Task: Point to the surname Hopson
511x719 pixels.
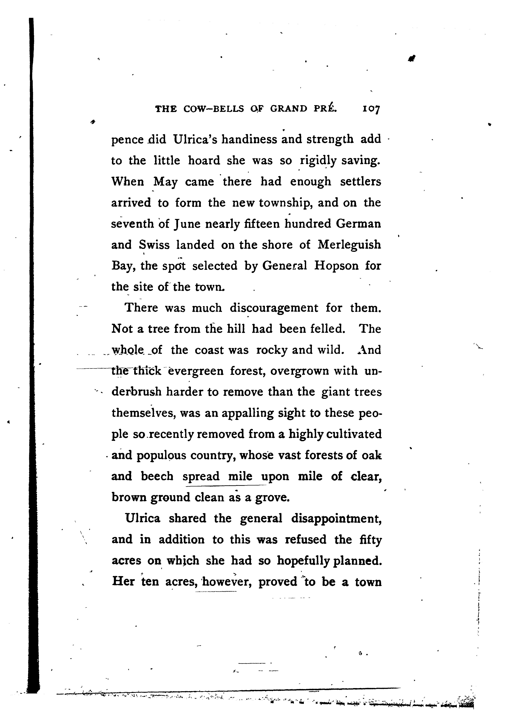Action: [336, 266]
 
